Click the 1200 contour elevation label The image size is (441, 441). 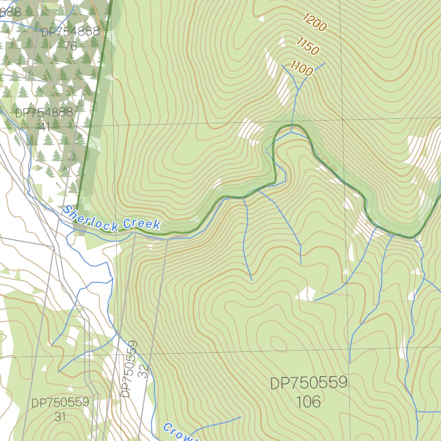pos(314,22)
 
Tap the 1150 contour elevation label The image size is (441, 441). pos(307,46)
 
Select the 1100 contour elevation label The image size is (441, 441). pos(301,68)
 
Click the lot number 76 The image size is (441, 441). pos(70,46)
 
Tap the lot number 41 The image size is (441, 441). pos(44,126)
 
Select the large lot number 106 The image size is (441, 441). pos(308,402)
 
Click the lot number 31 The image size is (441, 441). pos(60,416)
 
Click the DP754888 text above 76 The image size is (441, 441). pos(70,32)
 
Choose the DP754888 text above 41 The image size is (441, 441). pos(44,113)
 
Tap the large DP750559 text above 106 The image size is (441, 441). pos(308,383)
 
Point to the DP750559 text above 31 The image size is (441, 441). pos(60,403)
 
